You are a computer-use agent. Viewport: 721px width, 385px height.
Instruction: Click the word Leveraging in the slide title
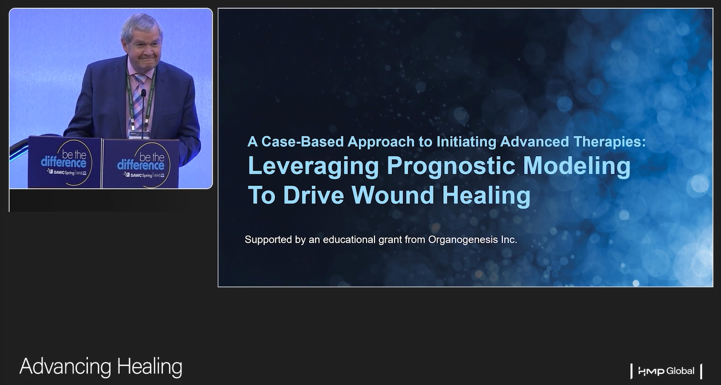click(313, 167)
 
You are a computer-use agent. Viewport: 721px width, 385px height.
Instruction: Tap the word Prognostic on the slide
click(451, 167)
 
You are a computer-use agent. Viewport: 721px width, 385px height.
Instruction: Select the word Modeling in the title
click(577, 167)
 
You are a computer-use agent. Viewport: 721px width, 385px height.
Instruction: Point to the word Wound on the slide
click(393, 195)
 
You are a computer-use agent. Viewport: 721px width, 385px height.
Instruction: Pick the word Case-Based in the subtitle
click(302, 142)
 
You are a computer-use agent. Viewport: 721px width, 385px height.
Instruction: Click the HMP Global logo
click(666, 371)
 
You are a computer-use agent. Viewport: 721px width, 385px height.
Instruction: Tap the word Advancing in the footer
click(65, 367)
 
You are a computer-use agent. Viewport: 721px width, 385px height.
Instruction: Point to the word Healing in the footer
click(149, 367)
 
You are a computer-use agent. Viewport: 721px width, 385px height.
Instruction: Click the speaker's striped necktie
click(138, 100)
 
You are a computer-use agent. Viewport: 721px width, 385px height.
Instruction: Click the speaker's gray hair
click(142, 26)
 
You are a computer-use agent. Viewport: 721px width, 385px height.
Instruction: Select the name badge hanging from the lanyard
click(139, 134)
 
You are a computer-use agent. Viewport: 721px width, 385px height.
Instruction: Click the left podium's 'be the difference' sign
click(64, 162)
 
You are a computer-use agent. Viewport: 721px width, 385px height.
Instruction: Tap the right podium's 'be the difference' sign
click(141, 164)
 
